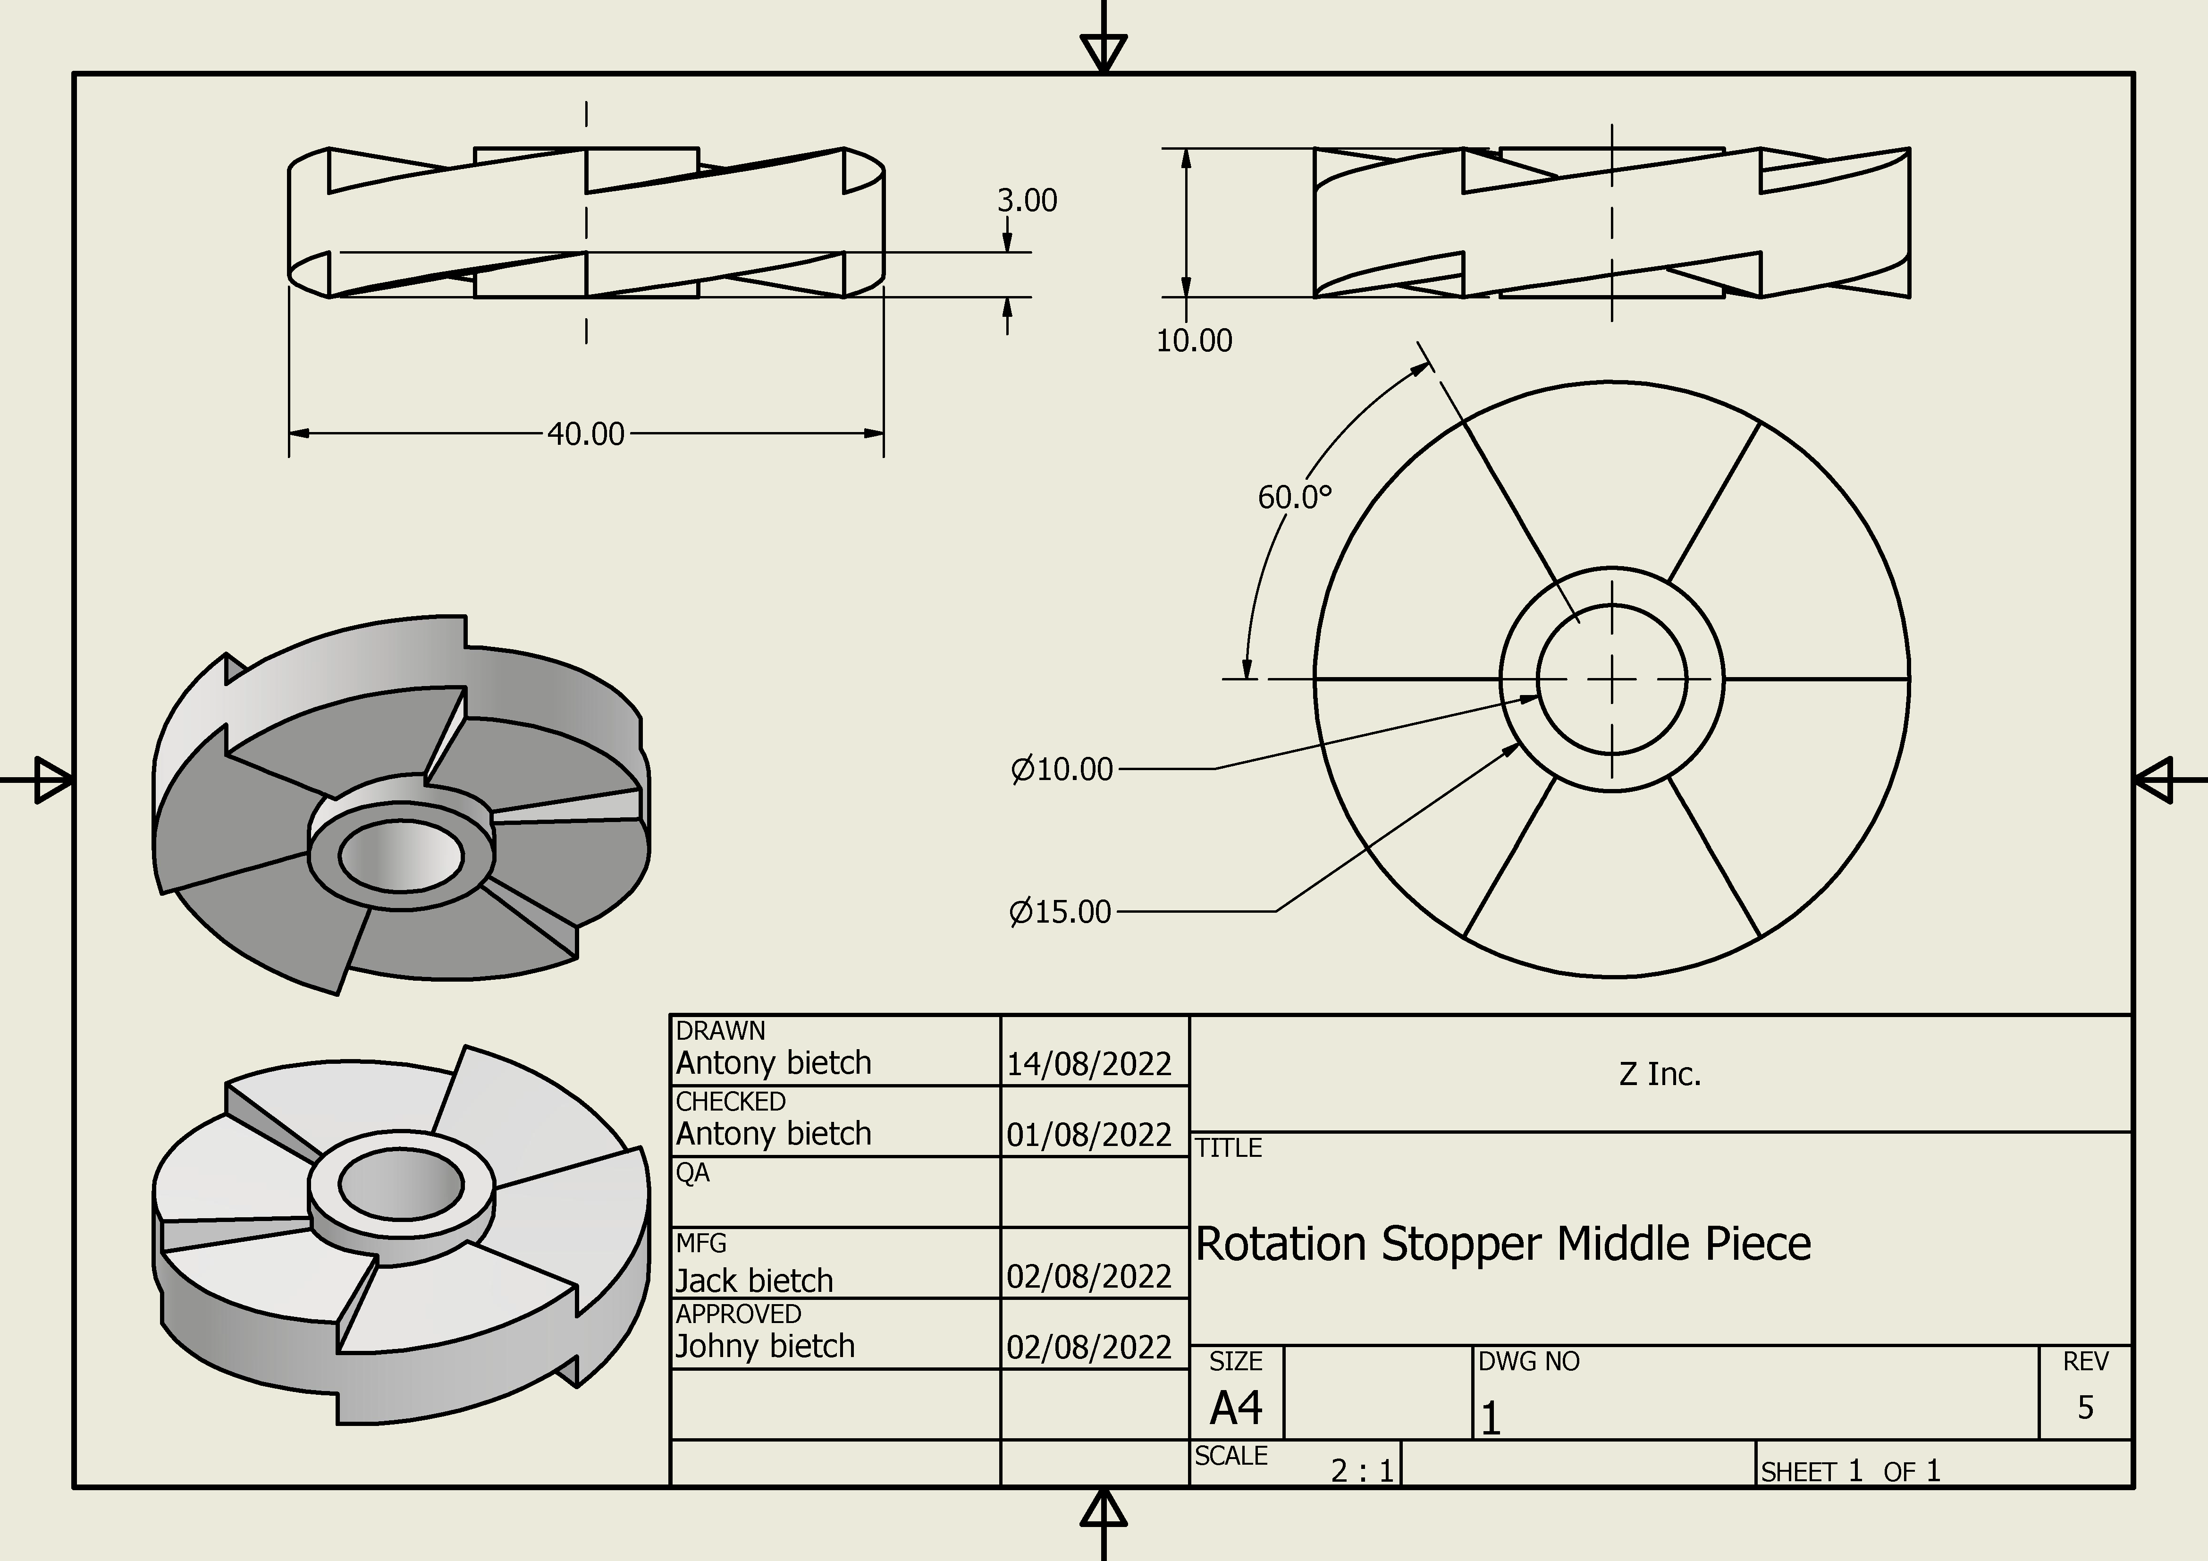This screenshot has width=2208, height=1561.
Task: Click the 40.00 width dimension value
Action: coord(586,434)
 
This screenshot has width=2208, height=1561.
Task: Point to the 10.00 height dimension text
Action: coord(1193,340)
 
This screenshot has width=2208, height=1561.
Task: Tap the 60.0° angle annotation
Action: coord(1294,497)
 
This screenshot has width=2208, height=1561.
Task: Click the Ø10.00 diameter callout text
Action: coord(1062,770)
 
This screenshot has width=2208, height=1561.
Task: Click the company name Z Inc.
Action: coord(1660,1074)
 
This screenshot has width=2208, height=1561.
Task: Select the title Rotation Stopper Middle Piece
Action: coord(1502,1244)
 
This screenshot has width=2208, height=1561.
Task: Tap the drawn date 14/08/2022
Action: coord(1088,1064)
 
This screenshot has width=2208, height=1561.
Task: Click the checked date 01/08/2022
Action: coord(1088,1135)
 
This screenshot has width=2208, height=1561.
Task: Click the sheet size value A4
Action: coord(1236,1408)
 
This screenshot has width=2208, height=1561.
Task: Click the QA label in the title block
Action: coord(692,1172)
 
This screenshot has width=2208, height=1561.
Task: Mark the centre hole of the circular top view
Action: coord(1612,679)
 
